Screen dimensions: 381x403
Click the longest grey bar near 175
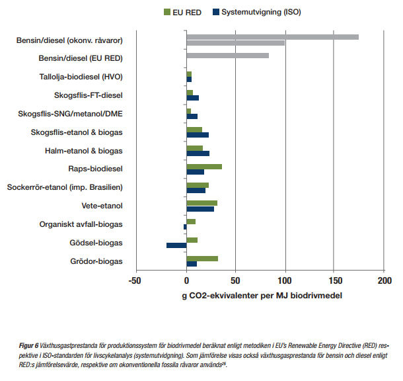pyautogui.click(x=272, y=37)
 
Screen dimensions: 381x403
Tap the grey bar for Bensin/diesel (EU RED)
pyautogui.click(x=227, y=56)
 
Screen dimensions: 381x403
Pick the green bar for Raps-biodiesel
pyautogui.click(x=204, y=167)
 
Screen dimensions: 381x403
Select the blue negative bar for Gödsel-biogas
pyautogui.click(x=176, y=245)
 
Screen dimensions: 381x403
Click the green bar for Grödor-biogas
pyautogui.click(x=202, y=259)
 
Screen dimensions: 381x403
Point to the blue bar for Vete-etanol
pyautogui.click(x=200, y=209)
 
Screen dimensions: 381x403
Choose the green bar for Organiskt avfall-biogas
pyautogui.click(x=191, y=222)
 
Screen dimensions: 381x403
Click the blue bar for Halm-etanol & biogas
pyautogui.click(x=198, y=153)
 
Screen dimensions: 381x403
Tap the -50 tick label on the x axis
pyautogui.click(x=137, y=281)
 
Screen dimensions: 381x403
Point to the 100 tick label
pyautogui.click(x=285, y=281)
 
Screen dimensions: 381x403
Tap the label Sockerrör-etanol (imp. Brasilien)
pyautogui.click(x=65, y=187)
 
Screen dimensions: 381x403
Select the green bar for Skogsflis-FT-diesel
pyautogui.click(x=190, y=93)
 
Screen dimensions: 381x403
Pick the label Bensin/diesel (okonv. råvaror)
pyautogui.click(x=70, y=40)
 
